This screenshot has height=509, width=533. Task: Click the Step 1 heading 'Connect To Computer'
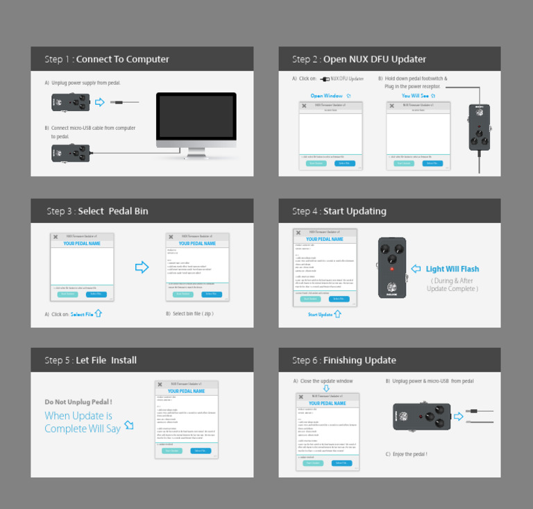(122, 59)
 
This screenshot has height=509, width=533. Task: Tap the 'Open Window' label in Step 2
(326, 96)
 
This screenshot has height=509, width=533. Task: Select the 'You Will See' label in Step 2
(416, 96)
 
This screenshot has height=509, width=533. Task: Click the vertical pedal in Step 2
(479, 128)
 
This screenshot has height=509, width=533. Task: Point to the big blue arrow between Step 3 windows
(142, 267)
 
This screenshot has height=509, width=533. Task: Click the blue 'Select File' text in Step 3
(82, 315)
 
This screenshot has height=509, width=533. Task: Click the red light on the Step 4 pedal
(392, 268)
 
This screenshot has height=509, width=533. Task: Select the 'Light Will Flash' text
(452, 269)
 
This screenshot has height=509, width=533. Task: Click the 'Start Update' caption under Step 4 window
(320, 315)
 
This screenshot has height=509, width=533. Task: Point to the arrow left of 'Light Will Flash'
(416, 269)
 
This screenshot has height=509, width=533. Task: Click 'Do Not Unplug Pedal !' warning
(78, 402)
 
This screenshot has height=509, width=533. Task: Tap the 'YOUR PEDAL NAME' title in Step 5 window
(187, 392)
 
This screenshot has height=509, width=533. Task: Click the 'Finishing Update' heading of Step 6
(359, 360)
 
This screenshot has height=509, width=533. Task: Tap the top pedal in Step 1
(71, 103)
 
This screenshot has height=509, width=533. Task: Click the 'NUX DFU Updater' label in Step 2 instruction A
(346, 79)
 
